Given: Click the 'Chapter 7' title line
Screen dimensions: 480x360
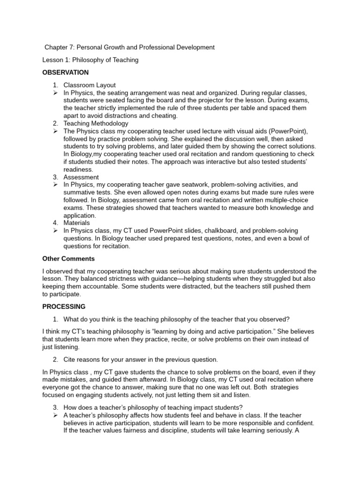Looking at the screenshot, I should (129, 47).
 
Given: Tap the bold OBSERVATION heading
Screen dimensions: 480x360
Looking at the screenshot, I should (65, 73).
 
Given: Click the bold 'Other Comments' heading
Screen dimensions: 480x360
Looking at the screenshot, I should (68, 258).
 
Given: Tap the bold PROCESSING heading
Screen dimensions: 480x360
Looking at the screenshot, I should (64, 307).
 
